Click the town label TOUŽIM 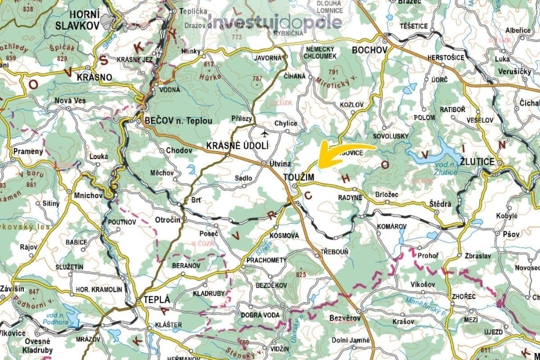(298, 178)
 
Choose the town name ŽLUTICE (477, 161)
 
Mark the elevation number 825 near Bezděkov (301, 274)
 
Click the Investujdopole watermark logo (274, 22)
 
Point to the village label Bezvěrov (345, 318)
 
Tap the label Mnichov (85, 196)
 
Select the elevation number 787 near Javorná (257, 79)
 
